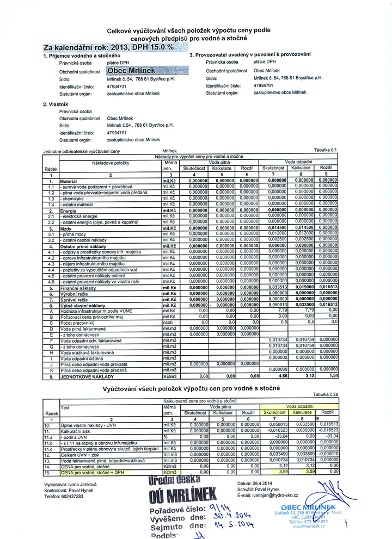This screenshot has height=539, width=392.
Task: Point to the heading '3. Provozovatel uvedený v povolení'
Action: (250, 55)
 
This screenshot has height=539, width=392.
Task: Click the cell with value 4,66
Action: (281, 375)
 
